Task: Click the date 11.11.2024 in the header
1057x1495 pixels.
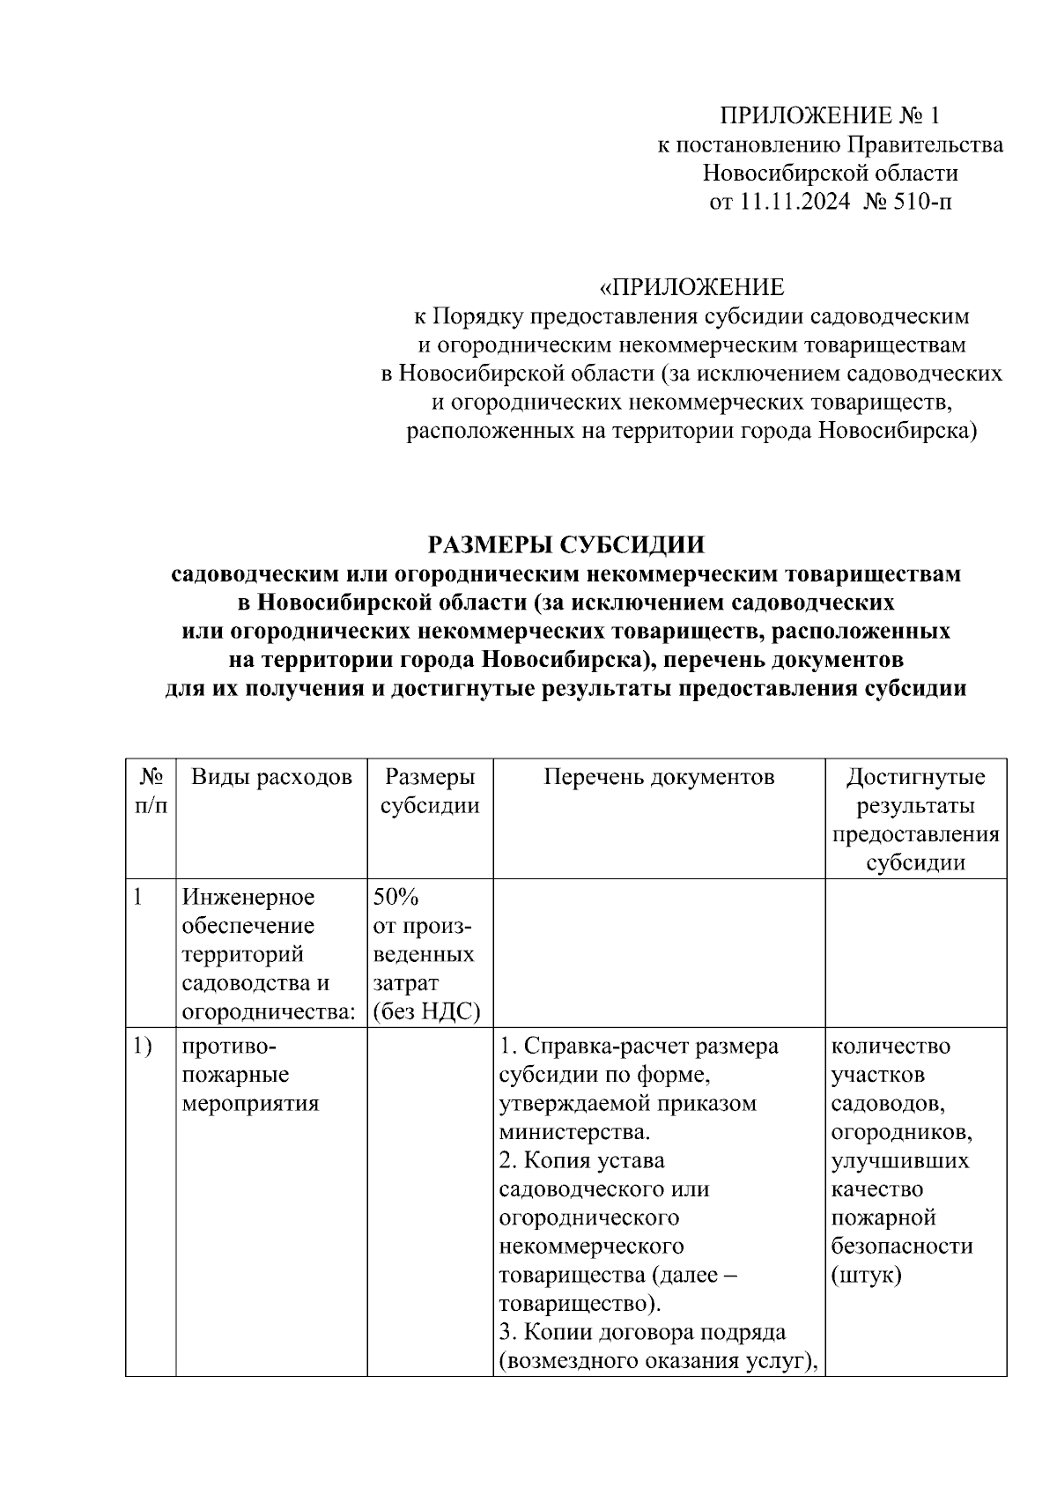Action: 795,203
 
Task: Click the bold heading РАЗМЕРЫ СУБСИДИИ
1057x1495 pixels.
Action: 565,545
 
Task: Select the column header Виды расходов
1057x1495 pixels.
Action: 271,777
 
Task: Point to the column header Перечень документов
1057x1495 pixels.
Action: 659,777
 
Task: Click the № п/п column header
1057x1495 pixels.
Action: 151,791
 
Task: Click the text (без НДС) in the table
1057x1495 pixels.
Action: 426,1011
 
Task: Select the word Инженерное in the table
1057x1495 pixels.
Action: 248,897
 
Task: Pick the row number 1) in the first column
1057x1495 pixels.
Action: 142,1047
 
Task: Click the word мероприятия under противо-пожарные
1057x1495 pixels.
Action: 250,1104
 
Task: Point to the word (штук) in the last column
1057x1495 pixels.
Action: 866,1276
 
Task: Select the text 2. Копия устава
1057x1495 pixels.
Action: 581,1161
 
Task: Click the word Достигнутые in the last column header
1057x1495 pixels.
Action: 915,777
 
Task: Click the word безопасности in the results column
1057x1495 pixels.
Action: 902,1247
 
